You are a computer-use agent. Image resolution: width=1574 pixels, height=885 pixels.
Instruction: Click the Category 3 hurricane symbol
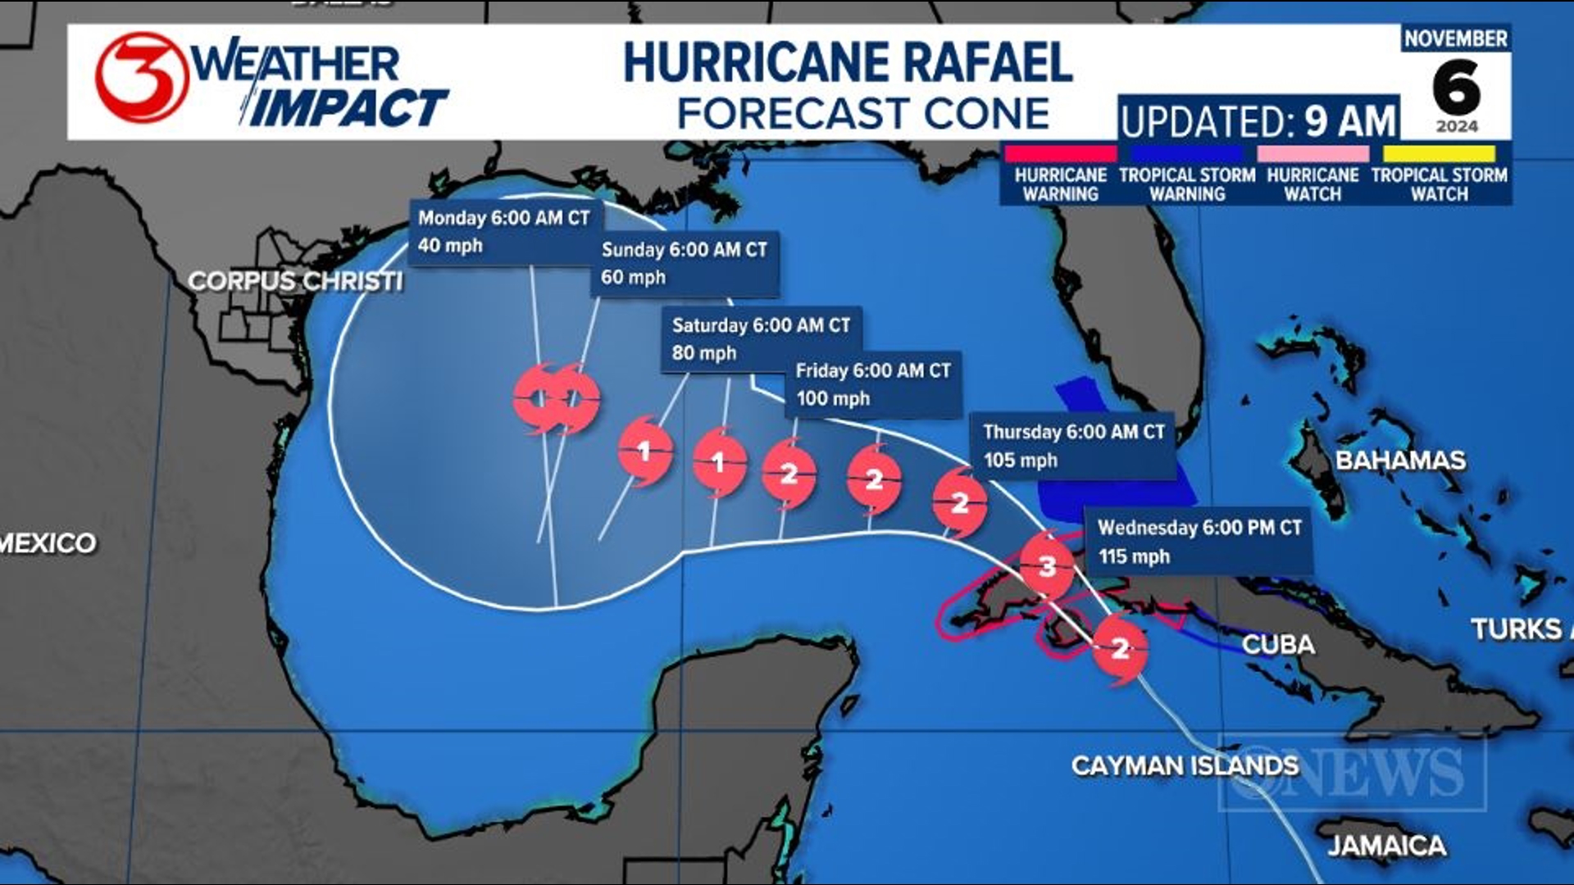1047,565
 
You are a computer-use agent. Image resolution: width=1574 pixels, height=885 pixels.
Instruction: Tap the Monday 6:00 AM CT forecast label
504,232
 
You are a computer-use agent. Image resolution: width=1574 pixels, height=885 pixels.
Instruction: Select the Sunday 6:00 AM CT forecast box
684,263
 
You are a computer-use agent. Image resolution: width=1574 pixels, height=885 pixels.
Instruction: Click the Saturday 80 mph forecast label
761,338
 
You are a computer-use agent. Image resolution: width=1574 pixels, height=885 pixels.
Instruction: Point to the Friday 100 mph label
873,384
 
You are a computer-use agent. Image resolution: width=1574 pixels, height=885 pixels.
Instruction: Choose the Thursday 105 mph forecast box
1073,446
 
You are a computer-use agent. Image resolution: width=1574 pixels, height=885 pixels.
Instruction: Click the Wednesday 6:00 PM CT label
1199,542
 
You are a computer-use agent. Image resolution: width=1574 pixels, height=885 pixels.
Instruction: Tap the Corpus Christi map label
295,281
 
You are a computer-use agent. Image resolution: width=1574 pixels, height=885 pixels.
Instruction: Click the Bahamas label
1400,461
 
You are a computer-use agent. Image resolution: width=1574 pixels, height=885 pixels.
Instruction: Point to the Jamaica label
1386,846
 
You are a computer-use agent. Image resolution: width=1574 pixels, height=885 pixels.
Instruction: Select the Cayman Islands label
1185,765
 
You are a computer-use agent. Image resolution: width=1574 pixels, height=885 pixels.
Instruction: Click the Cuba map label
1278,644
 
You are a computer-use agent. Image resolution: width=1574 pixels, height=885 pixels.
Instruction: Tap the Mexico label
48,542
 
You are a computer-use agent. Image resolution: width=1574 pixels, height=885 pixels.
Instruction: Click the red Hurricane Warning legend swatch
1060,154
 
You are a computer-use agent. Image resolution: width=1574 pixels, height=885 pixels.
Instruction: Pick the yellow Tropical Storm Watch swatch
1439,154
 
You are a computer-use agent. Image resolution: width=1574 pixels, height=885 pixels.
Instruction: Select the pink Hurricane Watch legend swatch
1312,154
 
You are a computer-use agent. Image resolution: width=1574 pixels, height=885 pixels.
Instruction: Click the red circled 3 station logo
141,78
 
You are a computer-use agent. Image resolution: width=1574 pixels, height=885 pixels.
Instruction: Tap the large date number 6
1456,88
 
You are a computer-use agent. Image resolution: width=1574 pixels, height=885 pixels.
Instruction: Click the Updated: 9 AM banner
1258,120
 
